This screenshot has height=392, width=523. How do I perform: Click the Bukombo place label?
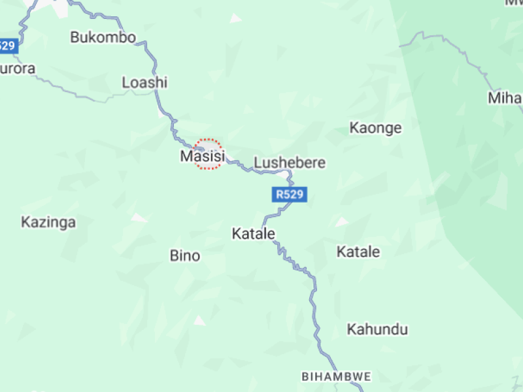103,37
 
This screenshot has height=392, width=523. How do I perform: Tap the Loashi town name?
144,82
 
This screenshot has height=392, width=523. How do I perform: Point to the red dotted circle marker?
209,154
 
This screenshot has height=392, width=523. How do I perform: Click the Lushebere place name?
289,163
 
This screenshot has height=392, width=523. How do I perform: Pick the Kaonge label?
375,127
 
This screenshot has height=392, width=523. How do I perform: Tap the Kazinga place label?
48,222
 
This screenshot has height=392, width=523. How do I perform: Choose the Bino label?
185,255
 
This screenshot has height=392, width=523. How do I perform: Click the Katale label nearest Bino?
253,233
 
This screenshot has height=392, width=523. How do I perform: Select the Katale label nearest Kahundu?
358,252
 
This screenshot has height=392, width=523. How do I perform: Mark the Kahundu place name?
377,329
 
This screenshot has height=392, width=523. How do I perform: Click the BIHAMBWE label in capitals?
337,377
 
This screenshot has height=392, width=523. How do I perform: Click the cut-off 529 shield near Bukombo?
7,46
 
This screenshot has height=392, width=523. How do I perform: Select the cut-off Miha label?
505,99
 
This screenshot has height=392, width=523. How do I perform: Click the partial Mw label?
513,3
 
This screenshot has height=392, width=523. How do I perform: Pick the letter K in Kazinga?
25,222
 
